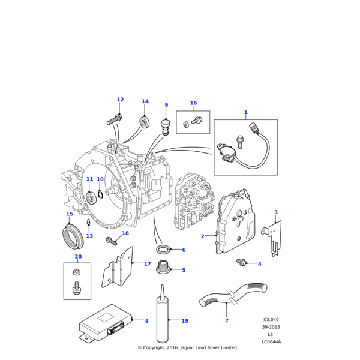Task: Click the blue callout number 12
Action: tap(120, 100)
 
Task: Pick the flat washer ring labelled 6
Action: tap(163, 249)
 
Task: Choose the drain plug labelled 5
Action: tap(163, 267)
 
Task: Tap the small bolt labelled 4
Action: tap(241, 262)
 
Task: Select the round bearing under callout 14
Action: tap(144, 122)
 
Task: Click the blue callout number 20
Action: tap(78, 256)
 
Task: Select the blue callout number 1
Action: tap(245, 112)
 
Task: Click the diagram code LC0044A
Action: tap(271, 342)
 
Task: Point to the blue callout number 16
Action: tap(193, 103)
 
